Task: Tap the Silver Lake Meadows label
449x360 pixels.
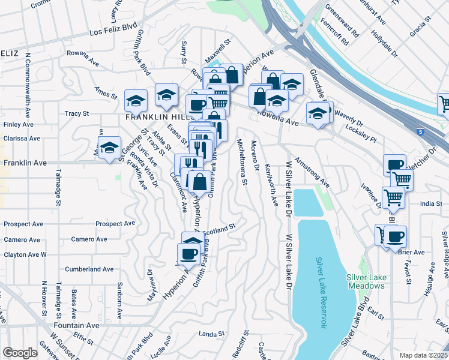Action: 365,281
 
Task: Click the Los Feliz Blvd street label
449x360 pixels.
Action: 113,30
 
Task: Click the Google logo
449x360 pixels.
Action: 20,353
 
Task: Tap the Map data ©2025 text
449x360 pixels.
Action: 424,355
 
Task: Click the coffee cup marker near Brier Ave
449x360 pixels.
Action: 396,236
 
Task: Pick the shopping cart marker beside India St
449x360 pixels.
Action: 394,196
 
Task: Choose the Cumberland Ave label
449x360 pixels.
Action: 89,269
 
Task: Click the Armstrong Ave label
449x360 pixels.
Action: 316,173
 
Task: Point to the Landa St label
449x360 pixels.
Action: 211,334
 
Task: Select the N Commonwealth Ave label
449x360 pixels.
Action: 28,84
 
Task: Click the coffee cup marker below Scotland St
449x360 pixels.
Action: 188,253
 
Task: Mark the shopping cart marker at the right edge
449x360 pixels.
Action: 445,103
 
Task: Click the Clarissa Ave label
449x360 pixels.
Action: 21,138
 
